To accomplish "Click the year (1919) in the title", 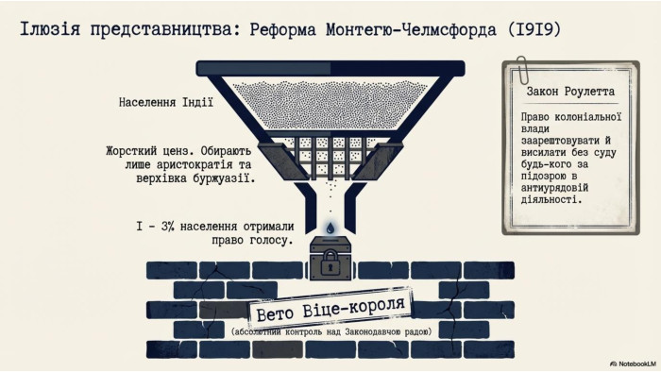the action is (534, 29).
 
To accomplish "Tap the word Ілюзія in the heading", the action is (50, 29).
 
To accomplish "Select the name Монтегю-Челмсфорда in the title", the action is (411, 29).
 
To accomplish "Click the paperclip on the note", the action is (523, 70).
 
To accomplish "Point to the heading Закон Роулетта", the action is (570, 92).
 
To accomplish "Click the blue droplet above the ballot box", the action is (330, 228).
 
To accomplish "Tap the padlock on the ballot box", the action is (330, 263).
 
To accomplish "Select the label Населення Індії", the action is (165, 102).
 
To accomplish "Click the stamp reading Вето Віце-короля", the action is (330, 309).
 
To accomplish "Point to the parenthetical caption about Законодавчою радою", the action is (331, 332).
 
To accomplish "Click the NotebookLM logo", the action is (634, 364).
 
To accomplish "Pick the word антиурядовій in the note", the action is (554, 188).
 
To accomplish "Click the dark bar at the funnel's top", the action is (330, 68).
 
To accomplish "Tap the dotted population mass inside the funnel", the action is (330, 104).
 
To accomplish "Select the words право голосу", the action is (252, 241).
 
